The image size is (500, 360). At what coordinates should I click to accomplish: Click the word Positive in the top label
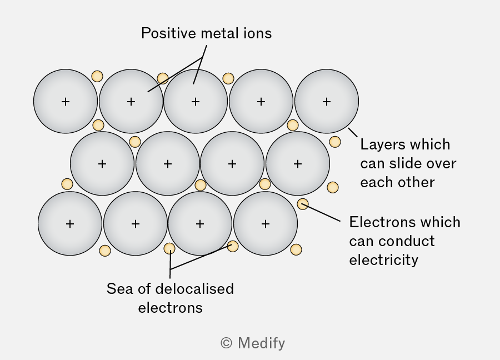click(x=169, y=33)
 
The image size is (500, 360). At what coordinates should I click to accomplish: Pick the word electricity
click(x=383, y=260)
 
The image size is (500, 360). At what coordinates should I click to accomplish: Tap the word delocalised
click(x=195, y=289)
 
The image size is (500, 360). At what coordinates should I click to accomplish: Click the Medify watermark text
click(x=262, y=343)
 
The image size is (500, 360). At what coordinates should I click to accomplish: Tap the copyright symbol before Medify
click(x=227, y=343)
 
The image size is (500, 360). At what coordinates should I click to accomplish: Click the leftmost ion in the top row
click(x=66, y=102)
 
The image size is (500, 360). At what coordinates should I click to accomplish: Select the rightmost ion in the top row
click(x=327, y=102)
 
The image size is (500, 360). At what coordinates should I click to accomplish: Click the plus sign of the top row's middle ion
click(x=196, y=102)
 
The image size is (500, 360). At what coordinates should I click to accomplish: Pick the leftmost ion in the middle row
click(x=102, y=163)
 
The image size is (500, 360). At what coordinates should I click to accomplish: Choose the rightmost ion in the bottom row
click(x=266, y=223)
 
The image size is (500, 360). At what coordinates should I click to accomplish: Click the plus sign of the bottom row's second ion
click(x=135, y=224)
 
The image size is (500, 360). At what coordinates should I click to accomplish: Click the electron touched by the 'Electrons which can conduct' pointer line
click(x=303, y=204)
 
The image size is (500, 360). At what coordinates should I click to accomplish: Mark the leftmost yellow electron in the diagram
click(x=67, y=184)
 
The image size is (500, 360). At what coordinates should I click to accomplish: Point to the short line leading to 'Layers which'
click(x=353, y=133)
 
